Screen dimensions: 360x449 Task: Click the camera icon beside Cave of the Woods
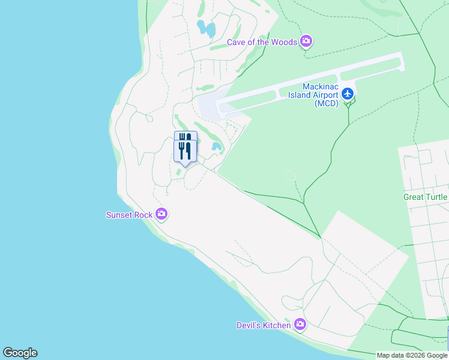point(307,41)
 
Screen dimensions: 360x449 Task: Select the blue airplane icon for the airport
point(348,94)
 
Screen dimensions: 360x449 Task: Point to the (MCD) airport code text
point(327,103)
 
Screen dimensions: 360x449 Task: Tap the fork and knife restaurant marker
point(185,148)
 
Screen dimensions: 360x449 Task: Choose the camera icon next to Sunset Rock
point(161,214)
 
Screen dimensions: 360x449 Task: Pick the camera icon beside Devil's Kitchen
point(300,325)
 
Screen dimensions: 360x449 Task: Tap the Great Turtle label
point(426,197)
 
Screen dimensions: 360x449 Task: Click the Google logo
point(20,353)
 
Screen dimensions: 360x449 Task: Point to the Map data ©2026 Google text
point(412,355)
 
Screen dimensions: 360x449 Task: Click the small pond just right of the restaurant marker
point(216,146)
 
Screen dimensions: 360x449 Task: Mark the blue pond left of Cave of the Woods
point(206,27)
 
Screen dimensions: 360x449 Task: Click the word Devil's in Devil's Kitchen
point(249,325)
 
